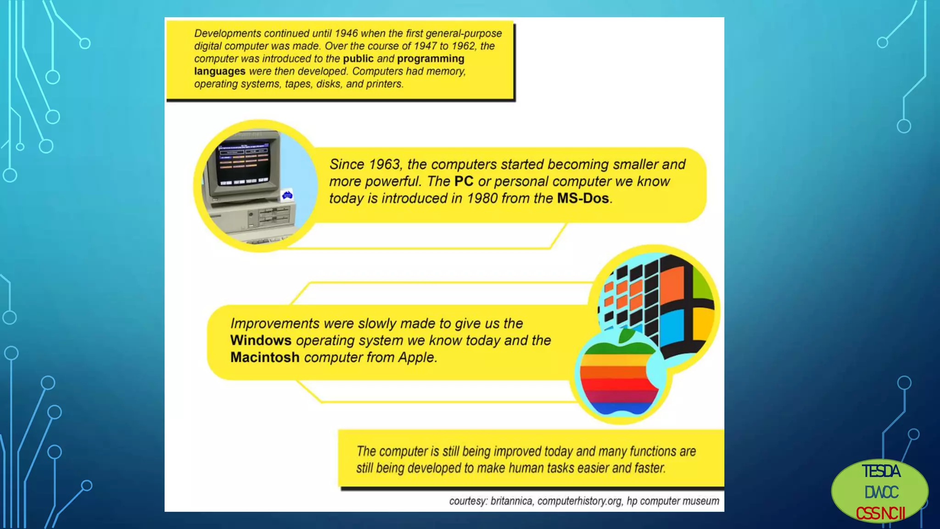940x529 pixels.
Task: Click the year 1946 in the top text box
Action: (346, 34)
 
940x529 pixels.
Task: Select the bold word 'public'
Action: (358, 59)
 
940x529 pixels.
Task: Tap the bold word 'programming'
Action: (431, 59)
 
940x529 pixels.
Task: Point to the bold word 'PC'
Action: (464, 181)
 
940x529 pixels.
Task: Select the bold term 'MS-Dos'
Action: (583, 198)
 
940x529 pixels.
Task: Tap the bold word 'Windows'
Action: (261, 340)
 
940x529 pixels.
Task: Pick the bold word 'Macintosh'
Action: (265, 357)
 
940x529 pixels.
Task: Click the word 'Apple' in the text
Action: (416, 357)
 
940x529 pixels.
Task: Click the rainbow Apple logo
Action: (617, 377)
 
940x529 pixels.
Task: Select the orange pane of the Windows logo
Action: (672, 283)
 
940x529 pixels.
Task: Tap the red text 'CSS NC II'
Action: (880, 513)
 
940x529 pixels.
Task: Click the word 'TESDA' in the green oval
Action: (881, 472)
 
